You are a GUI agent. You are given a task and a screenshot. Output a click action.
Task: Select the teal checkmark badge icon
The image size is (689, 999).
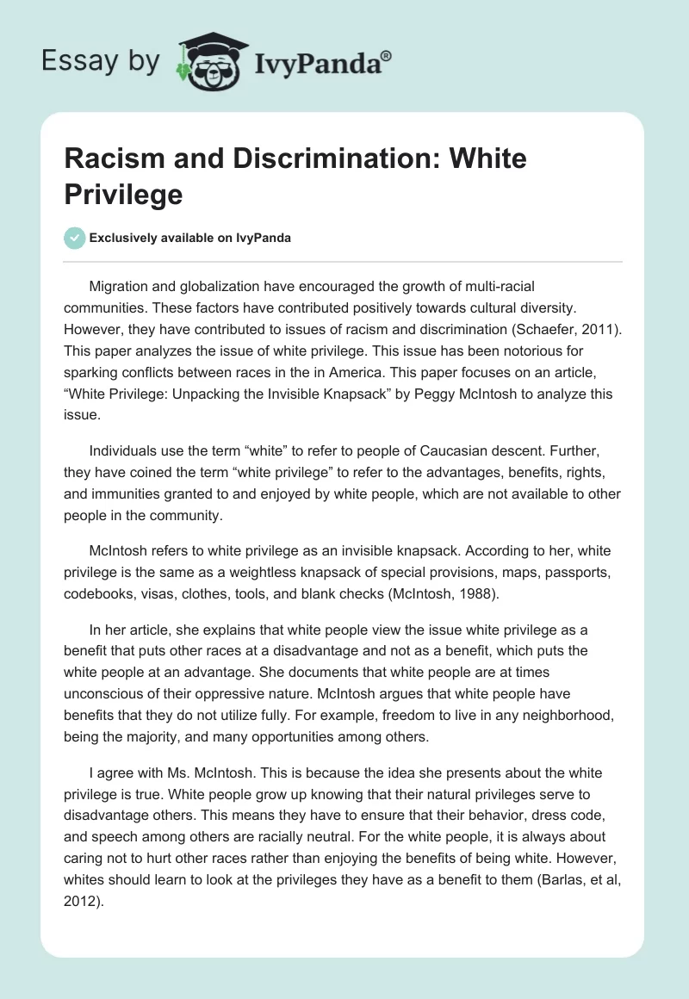(x=75, y=238)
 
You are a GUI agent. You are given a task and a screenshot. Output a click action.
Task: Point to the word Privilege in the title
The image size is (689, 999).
(x=123, y=194)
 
